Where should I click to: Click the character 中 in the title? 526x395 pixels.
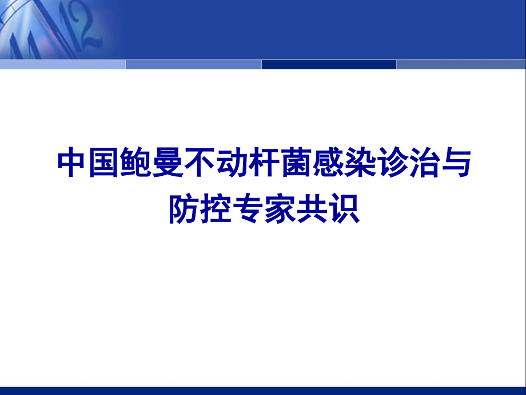tap(73, 164)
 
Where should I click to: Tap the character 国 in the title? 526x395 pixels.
tap(105, 164)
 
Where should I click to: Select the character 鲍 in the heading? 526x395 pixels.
tap(137, 164)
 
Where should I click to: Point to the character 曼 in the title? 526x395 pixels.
tap(168, 164)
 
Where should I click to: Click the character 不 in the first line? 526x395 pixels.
tap(200, 164)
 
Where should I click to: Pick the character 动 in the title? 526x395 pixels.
tap(232, 164)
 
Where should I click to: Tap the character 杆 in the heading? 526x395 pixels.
tap(263, 164)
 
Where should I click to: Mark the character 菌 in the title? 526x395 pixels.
tap(295, 164)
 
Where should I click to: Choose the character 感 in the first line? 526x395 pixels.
tap(326, 164)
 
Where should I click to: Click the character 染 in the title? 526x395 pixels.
tap(358, 164)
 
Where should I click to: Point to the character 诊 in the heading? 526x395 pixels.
tap(390, 164)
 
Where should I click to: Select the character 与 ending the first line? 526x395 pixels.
tap(453, 164)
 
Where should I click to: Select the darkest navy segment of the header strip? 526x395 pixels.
tap(329, 64)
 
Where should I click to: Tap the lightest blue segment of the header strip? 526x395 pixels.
tap(63, 64)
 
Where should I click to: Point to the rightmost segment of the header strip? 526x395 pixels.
tap(461, 64)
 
